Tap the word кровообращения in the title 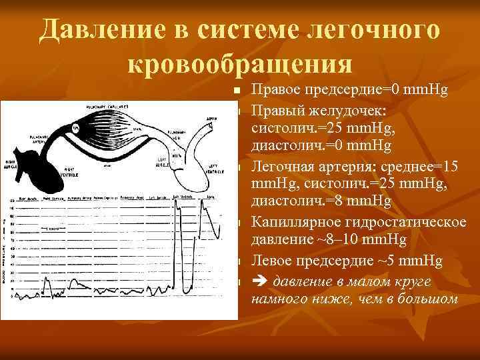239,65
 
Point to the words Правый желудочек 300,109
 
